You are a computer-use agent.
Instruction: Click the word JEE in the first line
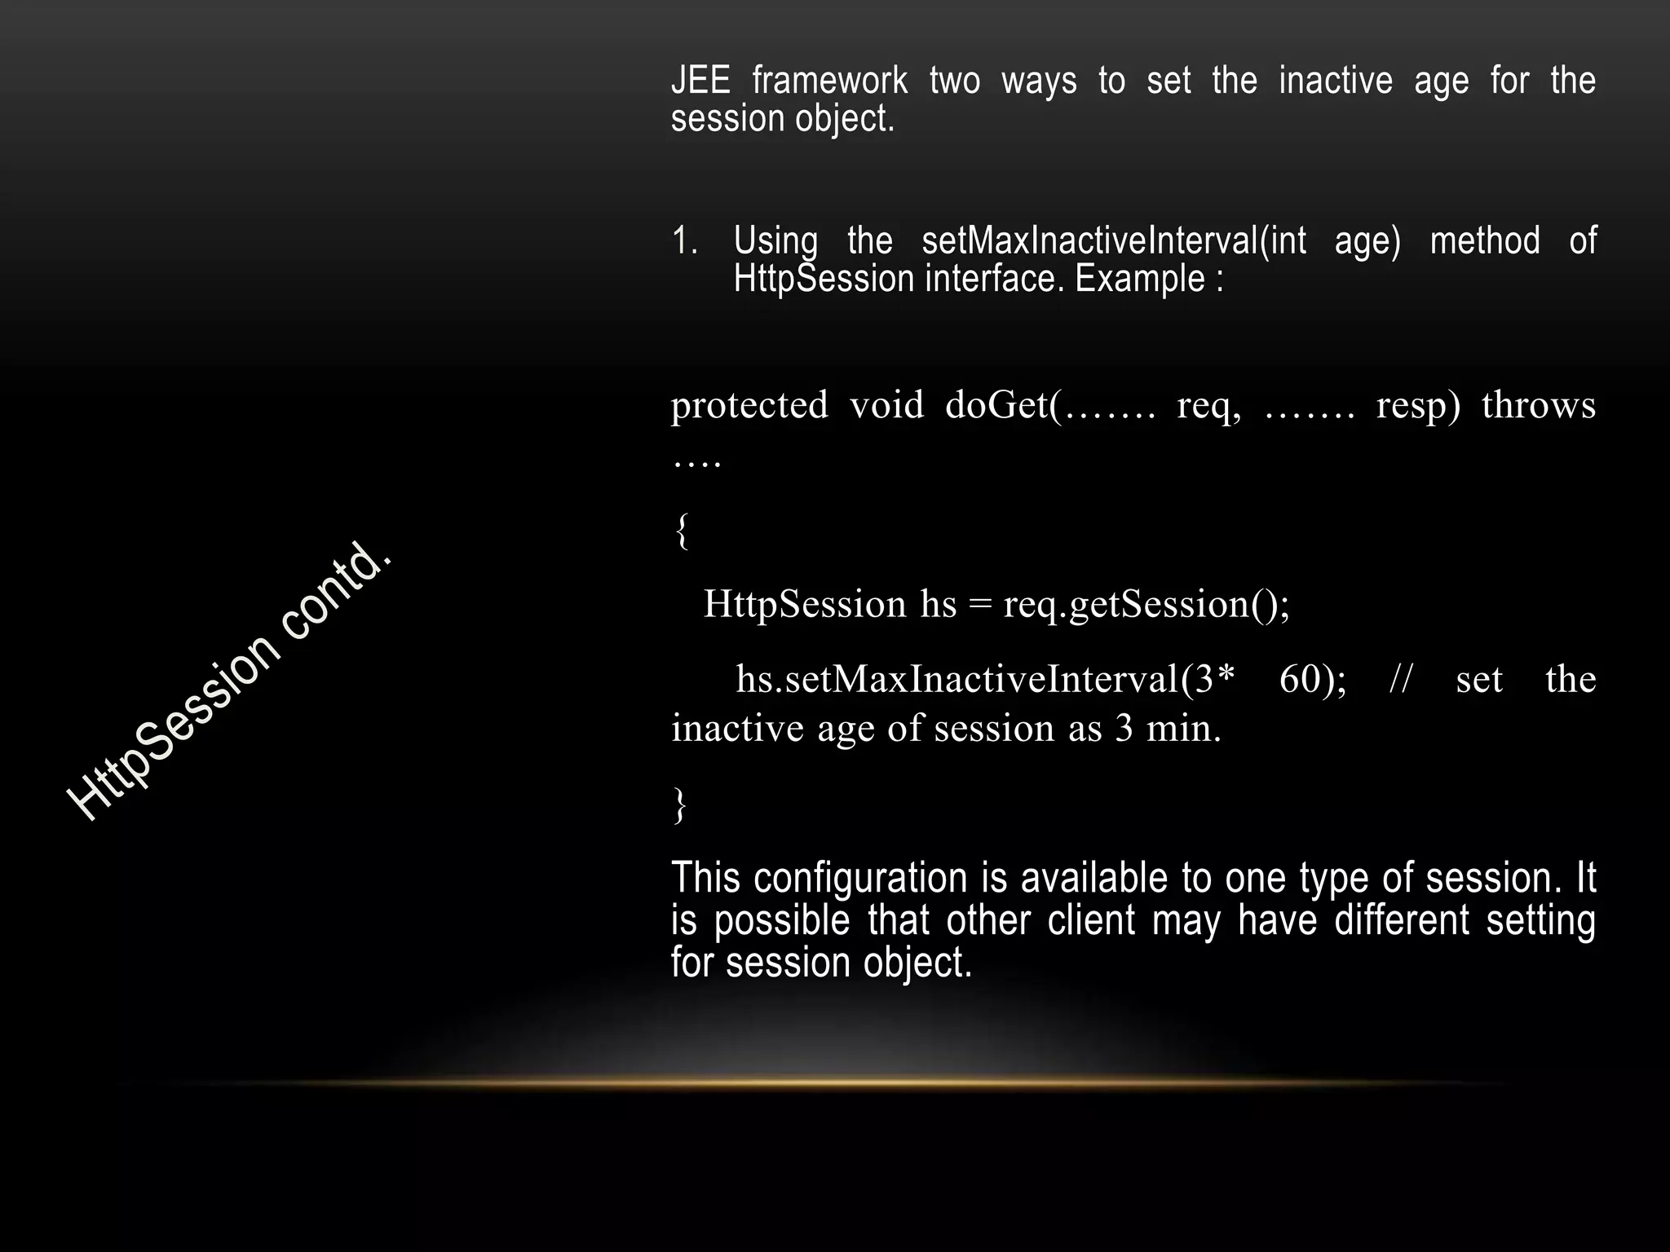pos(700,81)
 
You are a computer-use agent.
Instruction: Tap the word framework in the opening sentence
pos(829,81)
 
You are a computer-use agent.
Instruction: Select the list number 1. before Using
pos(684,241)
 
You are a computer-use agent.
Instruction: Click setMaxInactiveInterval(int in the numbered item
pos(1114,241)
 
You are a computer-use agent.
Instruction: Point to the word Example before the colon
pos(1140,279)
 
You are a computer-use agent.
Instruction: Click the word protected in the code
pos(749,405)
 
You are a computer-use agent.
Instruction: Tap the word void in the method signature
pos(886,405)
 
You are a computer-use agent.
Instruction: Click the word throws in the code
pos(1538,405)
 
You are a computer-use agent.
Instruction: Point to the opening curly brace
pos(682,531)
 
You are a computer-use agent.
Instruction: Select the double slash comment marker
pos(1400,680)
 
